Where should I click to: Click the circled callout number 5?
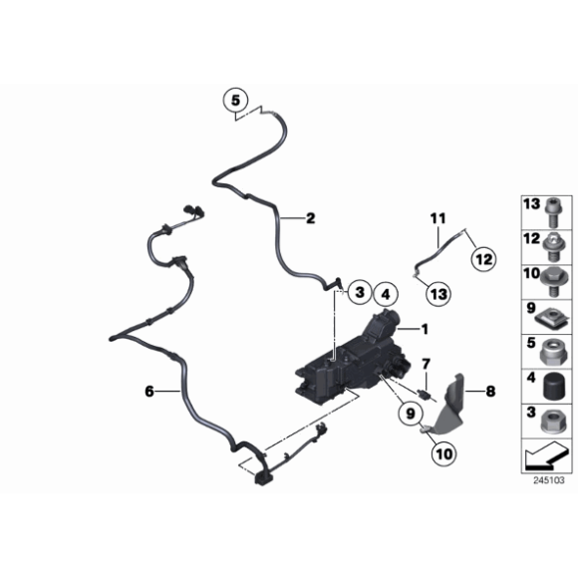(x=235, y=100)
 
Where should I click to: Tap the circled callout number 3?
(x=358, y=292)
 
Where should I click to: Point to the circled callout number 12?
(x=483, y=259)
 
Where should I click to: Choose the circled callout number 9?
(x=410, y=410)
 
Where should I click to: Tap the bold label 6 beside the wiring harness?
(x=150, y=393)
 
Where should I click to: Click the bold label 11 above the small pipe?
(x=435, y=217)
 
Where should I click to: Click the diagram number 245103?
(x=548, y=479)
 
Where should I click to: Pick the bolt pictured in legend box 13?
(x=551, y=210)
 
